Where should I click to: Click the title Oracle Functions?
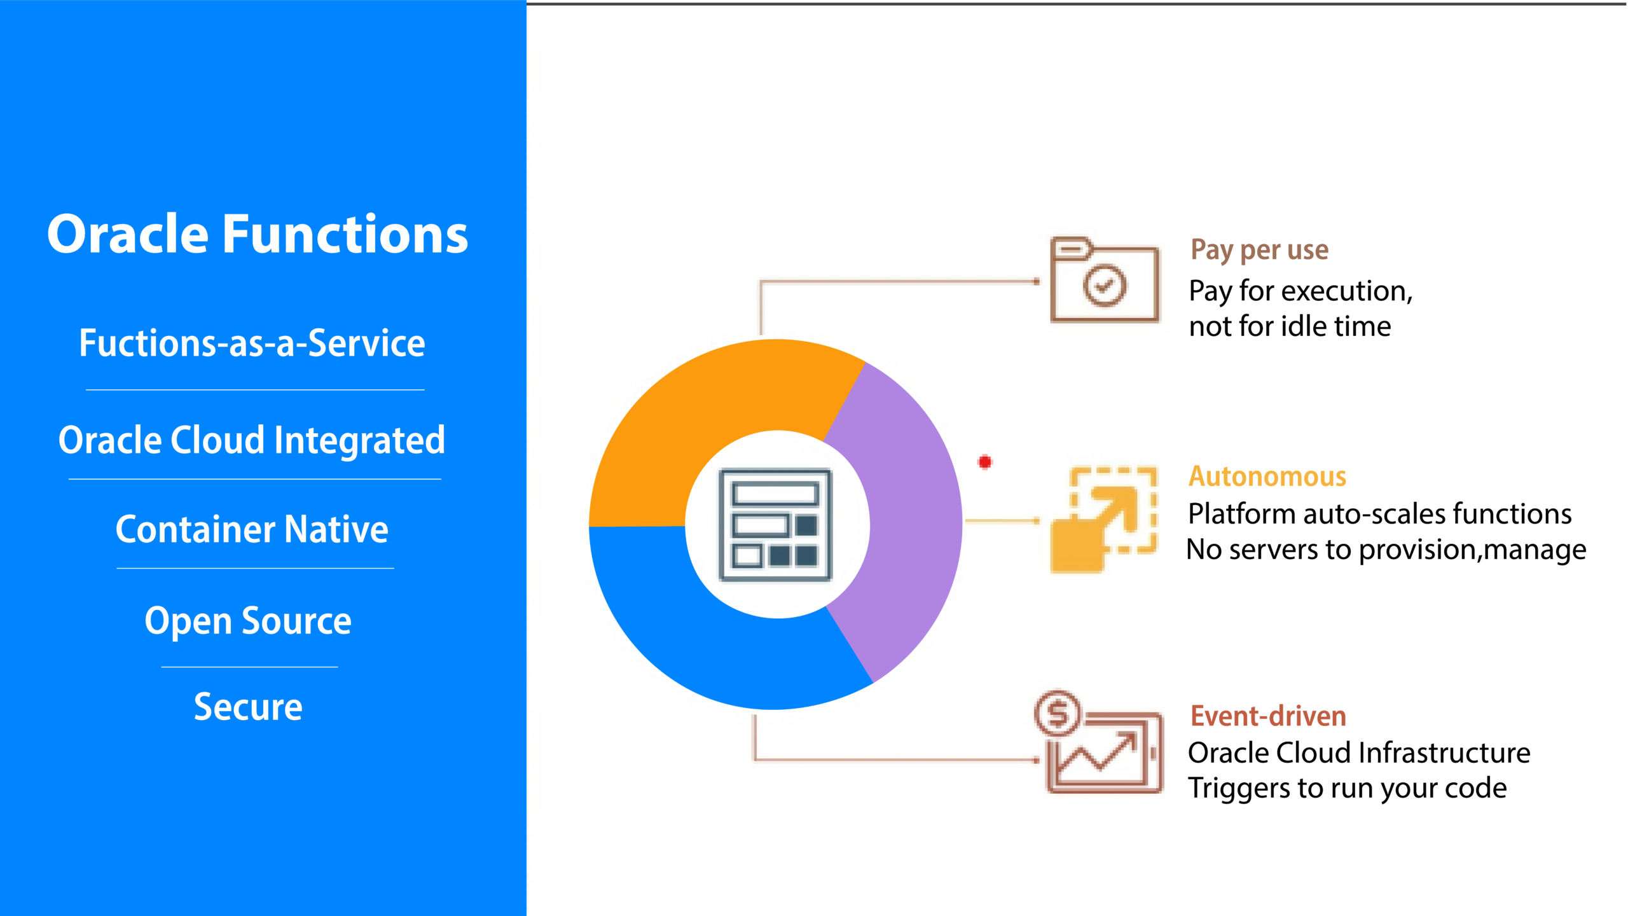[258, 234]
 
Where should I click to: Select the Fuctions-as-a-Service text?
[252, 343]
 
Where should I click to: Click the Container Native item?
[252, 529]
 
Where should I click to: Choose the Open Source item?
[248, 621]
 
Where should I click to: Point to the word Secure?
[248, 707]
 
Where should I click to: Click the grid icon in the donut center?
[775, 525]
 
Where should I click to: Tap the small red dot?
[985, 462]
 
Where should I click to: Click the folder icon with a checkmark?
[1105, 280]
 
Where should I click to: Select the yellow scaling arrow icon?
[1103, 519]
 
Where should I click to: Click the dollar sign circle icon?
[1057, 713]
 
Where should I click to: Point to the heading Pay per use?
[1259, 250]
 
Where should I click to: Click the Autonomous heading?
[1267, 476]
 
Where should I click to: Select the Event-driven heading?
[1268, 716]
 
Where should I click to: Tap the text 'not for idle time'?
[1290, 326]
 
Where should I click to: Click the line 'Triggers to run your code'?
[1348, 789]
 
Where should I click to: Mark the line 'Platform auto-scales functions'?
[1380, 514]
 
